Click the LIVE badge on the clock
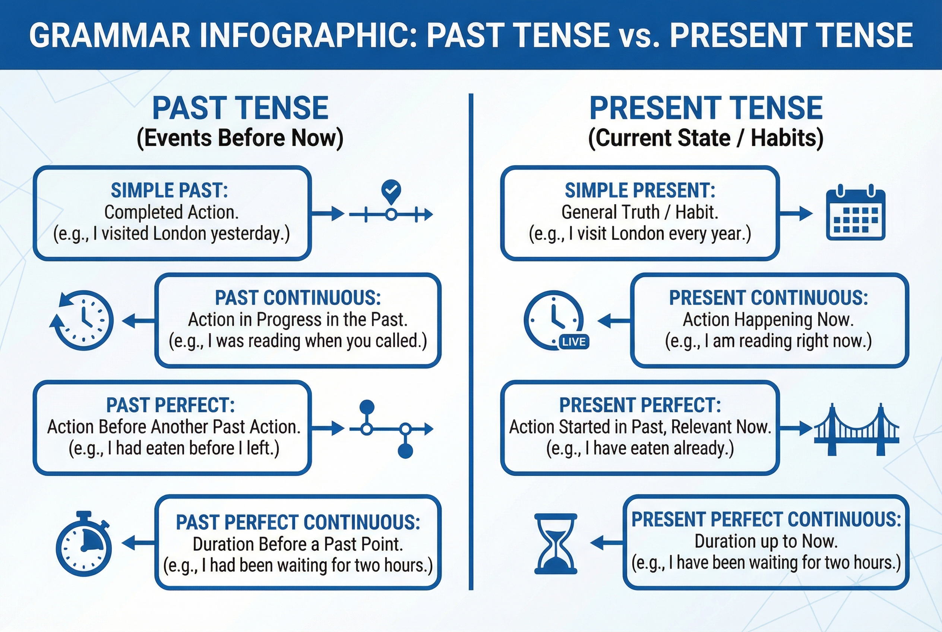573,342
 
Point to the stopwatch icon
84,544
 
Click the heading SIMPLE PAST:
169,190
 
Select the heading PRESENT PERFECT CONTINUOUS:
766,519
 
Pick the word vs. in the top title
640,35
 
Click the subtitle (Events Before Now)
240,138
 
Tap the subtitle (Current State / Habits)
705,138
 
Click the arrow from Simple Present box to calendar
796,213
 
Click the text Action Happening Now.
768,320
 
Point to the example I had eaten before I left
174,449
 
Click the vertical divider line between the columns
471,342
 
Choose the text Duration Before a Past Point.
298,544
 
